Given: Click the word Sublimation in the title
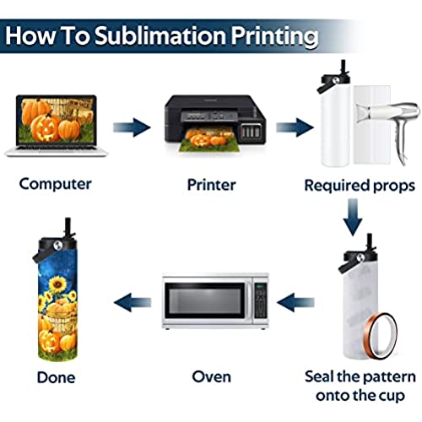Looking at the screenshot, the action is (x=160, y=36).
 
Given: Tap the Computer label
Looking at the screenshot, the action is (x=56, y=184).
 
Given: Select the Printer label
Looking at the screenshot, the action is (x=212, y=185).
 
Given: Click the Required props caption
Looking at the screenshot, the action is (x=360, y=186).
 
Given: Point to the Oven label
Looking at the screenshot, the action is (x=212, y=376).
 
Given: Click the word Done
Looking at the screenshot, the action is (x=57, y=377).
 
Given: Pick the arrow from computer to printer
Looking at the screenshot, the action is (x=132, y=127).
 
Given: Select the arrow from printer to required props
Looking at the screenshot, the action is (x=295, y=127).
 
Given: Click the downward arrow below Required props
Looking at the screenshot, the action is (x=353, y=217).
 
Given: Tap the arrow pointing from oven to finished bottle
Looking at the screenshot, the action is (x=133, y=303).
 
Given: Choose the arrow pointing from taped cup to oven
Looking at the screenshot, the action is (x=295, y=303).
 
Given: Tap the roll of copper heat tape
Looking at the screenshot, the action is (x=381, y=336).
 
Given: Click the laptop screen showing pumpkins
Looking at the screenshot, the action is (x=57, y=120).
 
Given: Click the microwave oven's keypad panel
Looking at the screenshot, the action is (x=260, y=300).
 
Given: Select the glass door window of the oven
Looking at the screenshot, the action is (x=205, y=300).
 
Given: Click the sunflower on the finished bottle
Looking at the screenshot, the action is (x=57, y=284).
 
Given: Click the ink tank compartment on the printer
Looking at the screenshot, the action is (x=251, y=131).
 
